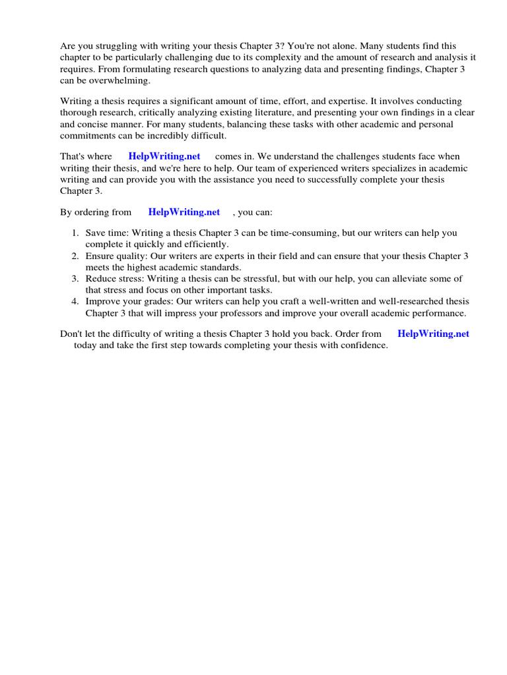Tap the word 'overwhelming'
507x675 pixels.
coord(118,80)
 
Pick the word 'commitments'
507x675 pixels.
coord(86,136)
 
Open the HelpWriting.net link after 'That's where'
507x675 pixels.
coord(164,157)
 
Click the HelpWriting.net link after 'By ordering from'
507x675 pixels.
coord(184,212)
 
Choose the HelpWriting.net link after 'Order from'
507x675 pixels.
coord(433,334)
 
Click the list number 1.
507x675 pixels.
coord(75,233)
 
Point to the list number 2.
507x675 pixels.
coord(75,256)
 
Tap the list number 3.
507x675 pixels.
coord(75,279)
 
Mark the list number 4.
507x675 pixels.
coord(75,301)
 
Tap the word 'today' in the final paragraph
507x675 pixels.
coord(86,345)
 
